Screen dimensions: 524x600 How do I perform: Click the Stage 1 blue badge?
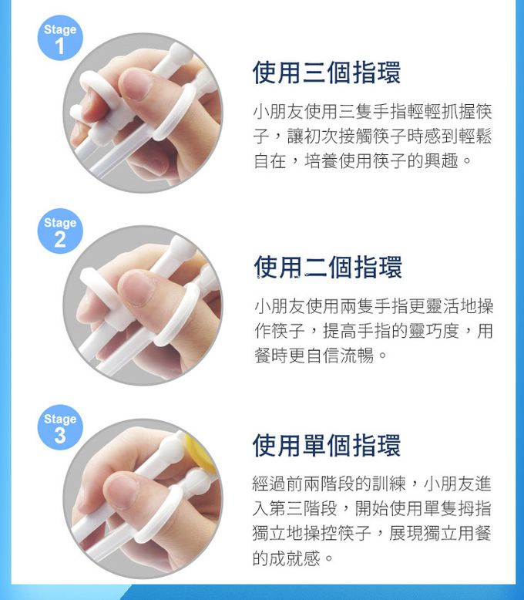(x=60, y=38)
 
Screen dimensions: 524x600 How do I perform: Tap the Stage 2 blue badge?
(x=60, y=231)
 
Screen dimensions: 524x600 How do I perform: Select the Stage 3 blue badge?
(x=60, y=427)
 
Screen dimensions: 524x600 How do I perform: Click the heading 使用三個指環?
(x=327, y=72)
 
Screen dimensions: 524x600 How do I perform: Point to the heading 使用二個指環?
(x=327, y=267)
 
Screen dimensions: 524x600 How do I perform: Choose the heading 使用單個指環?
(x=327, y=445)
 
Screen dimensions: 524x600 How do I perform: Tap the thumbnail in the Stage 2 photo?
(x=136, y=288)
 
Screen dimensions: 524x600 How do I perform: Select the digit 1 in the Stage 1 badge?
(x=59, y=46)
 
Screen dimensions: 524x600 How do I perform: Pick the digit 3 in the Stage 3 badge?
(x=60, y=435)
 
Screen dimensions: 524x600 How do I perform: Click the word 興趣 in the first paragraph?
(x=441, y=160)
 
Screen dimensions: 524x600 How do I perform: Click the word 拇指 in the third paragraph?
(x=474, y=508)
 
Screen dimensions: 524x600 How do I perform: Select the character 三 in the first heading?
(x=314, y=72)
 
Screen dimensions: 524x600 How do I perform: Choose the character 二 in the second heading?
(x=316, y=267)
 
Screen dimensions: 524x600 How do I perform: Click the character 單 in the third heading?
(x=314, y=445)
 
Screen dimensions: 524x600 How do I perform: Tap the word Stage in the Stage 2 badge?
(x=60, y=222)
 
